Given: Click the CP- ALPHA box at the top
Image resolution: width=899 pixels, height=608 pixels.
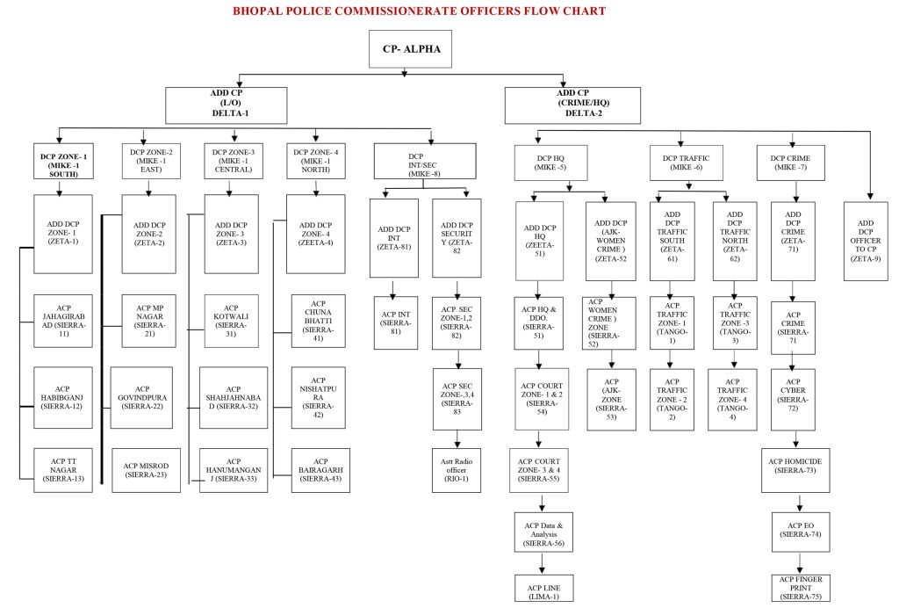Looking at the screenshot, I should pyautogui.click(x=410, y=51).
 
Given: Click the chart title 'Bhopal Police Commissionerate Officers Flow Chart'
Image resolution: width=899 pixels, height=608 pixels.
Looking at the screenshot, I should pyautogui.click(x=418, y=11).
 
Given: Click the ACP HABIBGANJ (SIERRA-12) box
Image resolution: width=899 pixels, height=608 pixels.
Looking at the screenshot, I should pyautogui.click(x=62, y=397).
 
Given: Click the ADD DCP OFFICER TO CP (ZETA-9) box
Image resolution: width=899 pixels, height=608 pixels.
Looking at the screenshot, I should pyautogui.click(x=870, y=241).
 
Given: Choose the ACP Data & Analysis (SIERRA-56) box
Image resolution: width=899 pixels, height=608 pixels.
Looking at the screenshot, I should pyautogui.click(x=543, y=533).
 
